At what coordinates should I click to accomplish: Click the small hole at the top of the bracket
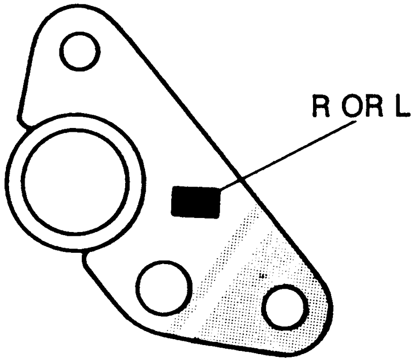click(x=79, y=50)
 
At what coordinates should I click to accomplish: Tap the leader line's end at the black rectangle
click(x=220, y=189)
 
